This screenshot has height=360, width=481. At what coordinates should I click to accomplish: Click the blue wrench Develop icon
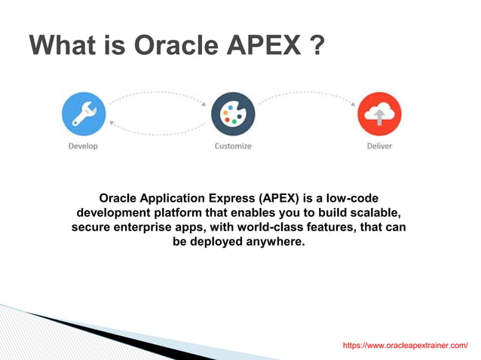click(x=83, y=114)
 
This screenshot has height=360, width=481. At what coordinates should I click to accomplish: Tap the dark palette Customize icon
click(x=233, y=114)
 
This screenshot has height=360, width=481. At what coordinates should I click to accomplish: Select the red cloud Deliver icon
click(x=378, y=114)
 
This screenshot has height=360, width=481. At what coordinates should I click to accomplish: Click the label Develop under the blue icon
click(x=83, y=146)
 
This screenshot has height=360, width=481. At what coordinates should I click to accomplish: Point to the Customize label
click(x=233, y=146)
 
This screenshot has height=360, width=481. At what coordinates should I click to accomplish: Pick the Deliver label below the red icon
click(x=379, y=146)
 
